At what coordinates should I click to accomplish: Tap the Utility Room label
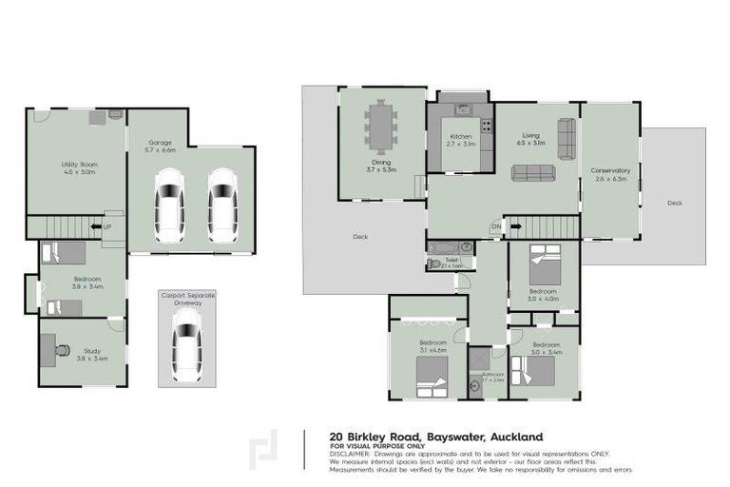(80, 168)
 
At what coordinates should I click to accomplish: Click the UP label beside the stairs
(106, 226)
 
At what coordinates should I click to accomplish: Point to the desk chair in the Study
(62, 350)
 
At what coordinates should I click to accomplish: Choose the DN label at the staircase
(495, 226)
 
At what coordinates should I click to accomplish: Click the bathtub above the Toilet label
(443, 248)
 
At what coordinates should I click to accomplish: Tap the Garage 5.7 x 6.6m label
(160, 146)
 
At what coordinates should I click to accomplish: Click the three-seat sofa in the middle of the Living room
(533, 172)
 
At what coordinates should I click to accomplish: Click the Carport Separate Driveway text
(187, 300)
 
